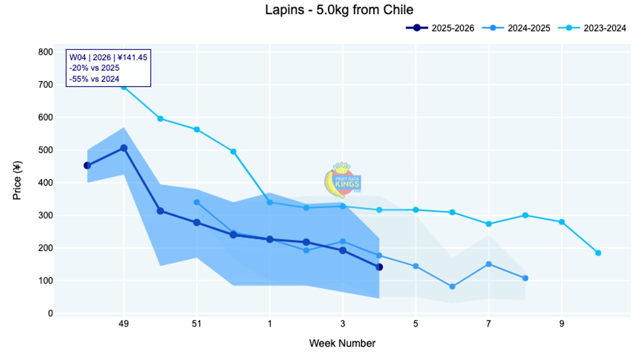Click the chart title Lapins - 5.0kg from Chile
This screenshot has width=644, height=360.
pyautogui.click(x=339, y=9)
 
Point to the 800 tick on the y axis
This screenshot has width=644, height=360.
pyautogui.click(x=46, y=52)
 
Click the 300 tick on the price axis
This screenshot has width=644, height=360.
pyautogui.click(x=46, y=216)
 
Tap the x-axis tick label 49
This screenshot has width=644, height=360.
pyautogui.click(x=124, y=324)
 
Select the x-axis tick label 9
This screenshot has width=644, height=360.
pyautogui.click(x=562, y=324)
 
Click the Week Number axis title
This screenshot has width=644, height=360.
pyautogui.click(x=342, y=344)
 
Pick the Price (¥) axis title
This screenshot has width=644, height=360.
pyautogui.click(x=17, y=181)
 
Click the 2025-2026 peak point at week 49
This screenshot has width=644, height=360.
pyautogui.click(x=124, y=148)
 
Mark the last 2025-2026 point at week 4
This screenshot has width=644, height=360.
pyautogui.click(x=379, y=267)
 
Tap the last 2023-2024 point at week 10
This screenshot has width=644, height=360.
pyautogui.click(x=598, y=253)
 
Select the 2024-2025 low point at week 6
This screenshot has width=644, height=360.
pyautogui.click(x=452, y=287)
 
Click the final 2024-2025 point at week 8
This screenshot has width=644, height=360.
pyautogui.click(x=525, y=278)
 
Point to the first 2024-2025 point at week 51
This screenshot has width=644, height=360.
pyautogui.click(x=197, y=202)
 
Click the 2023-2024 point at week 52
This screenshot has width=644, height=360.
pyautogui.click(x=233, y=151)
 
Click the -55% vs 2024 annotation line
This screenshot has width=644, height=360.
pyautogui.click(x=94, y=79)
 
